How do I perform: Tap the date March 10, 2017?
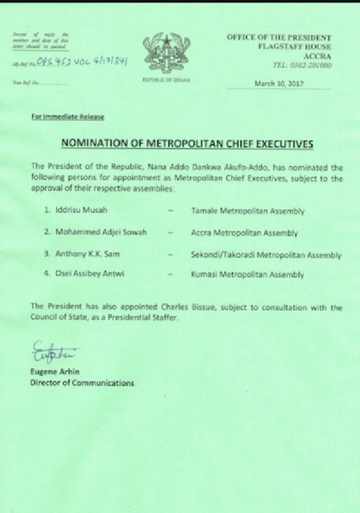pyautogui.click(x=279, y=84)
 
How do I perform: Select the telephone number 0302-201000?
pyautogui.click(x=308, y=64)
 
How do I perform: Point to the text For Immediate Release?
pyautogui.click(x=68, y=117)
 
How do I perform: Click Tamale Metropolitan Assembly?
pyautogui.click(x=248, y=211)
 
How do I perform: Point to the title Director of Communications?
pyautogui.click(x=82, y=383)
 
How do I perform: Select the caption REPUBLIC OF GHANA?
pyautogui.click(x=166, y=80)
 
